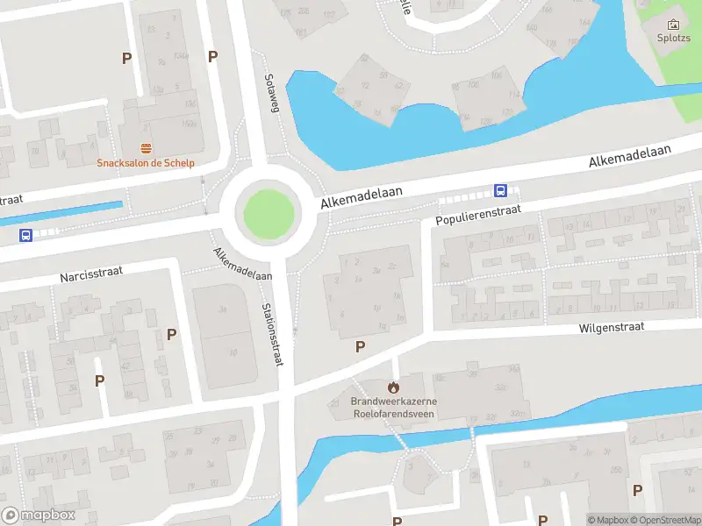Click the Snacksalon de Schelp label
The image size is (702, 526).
[146, 162]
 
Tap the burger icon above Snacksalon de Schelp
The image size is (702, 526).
[146, 148]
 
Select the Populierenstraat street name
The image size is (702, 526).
[478, 215]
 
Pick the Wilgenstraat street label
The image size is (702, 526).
[611, 327]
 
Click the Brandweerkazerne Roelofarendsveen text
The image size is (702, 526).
[394, 407]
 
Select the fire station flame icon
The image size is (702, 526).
[394, 386]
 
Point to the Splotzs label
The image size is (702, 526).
[674, 38]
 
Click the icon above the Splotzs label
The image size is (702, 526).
[674, 24]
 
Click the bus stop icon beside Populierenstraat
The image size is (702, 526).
[500, 189]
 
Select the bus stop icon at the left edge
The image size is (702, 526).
[26, 235]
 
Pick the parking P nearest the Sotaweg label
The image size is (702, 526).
[212, 57]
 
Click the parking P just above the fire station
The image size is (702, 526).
[360, 347]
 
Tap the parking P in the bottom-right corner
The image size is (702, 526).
[637, 490]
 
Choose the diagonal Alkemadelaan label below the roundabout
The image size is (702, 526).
[241, 264]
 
